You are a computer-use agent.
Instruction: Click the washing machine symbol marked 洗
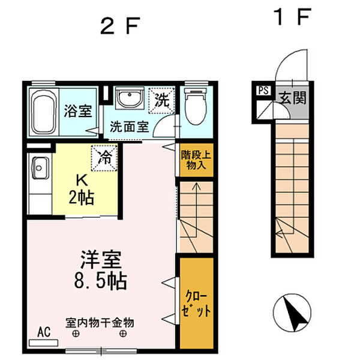pyautogui.click(x=163, y=99)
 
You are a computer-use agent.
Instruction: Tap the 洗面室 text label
pyautogui.click(x=128, y=127)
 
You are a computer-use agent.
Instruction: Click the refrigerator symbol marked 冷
pyautogui.click(x=104, y=159)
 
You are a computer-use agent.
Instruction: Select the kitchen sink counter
pyautogui.click(x=40, y=180)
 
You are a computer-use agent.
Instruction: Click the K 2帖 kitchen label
pyautogui.click(x=81, y=188)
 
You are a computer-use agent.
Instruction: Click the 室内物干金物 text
pyautogui.click(x=100, y=323)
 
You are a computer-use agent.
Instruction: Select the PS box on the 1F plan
pyautogui.click(x=263, y=91)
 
